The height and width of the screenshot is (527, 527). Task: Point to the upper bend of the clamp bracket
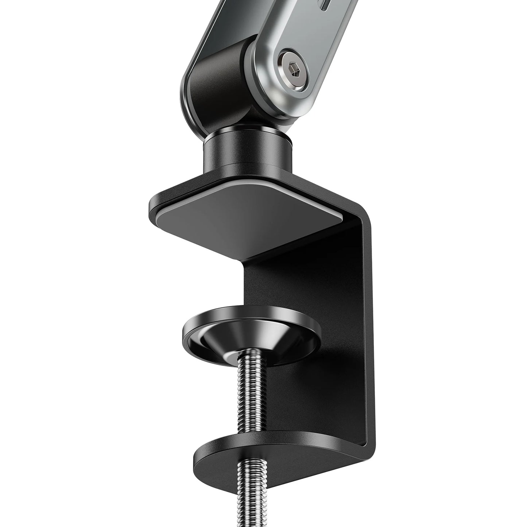coord(361,219)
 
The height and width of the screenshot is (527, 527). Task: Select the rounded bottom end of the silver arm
coord(288,106)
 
